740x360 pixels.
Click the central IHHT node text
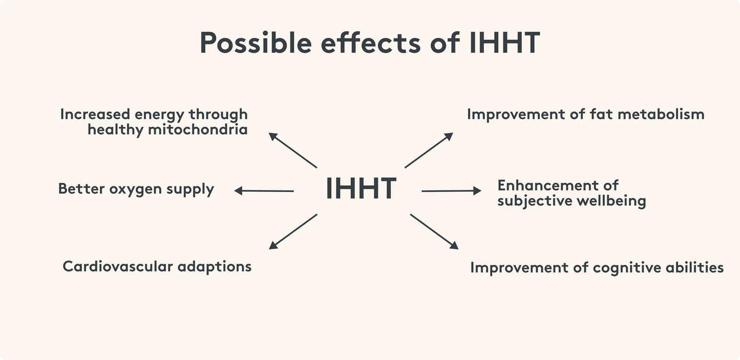(361, 188)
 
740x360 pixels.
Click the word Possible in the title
(255, 43)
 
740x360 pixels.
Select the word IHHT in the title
(504, 43)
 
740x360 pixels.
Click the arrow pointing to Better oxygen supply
(264, 190)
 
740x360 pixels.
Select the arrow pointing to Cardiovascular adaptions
(293, 231)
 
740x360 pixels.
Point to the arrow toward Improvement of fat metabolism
(429, 150)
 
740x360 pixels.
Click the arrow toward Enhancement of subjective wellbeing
(451, 190)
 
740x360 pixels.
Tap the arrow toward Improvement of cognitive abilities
(434, 231)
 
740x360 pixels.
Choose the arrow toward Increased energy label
(293, 150)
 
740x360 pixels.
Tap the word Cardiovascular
(117, 266)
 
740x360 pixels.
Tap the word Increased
(95, 114)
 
